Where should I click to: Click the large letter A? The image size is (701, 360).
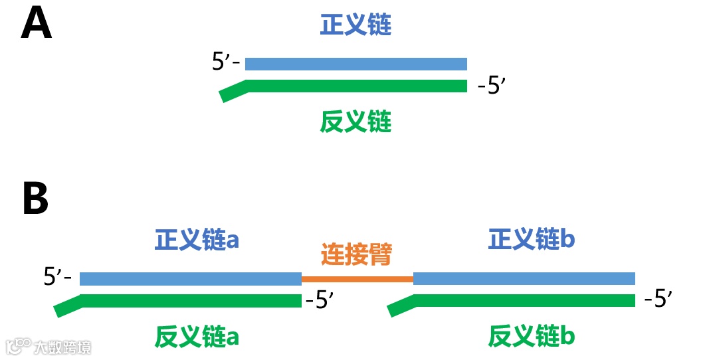point(37,25)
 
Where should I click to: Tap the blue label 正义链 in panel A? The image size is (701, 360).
point(355,25)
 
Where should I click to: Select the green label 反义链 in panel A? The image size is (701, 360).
point(355,122)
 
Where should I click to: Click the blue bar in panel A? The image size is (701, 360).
point(356,64)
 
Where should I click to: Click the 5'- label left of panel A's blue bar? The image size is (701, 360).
point(225,62)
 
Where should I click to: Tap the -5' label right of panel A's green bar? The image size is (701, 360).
point(492,87)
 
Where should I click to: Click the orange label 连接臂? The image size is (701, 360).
point(357,254)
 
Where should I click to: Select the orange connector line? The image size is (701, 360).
point(357,278)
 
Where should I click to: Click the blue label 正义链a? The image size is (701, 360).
point(197,240)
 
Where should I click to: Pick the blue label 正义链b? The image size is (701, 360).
point(531,240)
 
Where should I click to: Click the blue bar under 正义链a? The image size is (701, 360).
point(191,278)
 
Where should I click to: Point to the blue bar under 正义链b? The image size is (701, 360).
point(524,278)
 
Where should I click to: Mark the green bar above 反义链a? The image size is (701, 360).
point(191,300)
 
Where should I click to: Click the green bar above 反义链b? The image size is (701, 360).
point(524,300)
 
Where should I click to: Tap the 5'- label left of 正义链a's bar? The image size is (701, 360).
point(57,277)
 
